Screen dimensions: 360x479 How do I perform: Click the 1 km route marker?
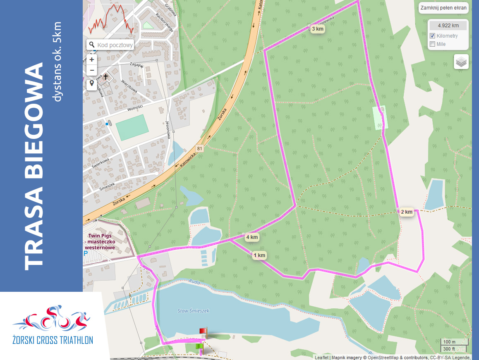coord(259,255)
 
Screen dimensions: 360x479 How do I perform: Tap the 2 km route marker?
coord(407,212)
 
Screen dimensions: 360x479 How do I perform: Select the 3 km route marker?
coord(317,29)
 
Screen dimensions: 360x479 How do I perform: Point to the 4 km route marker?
coord(251,237)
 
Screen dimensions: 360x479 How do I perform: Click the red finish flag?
coord(203,331)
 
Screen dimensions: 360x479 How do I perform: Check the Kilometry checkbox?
coord(433,36)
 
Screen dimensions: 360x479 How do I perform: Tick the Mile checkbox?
coord(433,44)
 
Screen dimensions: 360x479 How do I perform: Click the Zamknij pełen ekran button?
coord(443,8)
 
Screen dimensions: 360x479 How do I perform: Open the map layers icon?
coord(461,62)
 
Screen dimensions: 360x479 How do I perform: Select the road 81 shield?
coord(200,148)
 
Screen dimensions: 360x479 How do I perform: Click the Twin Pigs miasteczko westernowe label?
coord(101,241)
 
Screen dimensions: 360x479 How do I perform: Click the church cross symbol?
coord(105,77)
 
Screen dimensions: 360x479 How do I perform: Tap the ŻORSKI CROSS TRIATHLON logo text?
coord(53,340)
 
